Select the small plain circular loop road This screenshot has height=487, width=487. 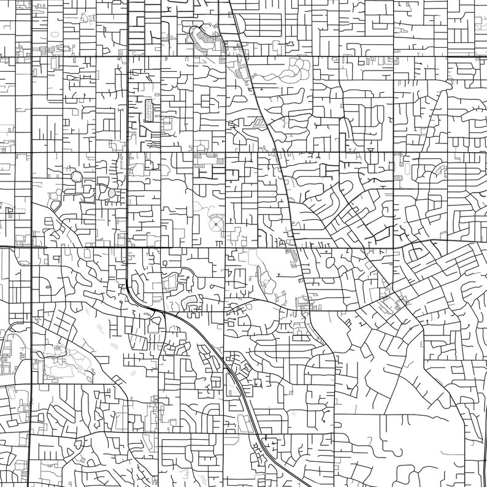pos(77,177)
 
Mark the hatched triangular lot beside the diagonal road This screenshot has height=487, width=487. pos(261,123)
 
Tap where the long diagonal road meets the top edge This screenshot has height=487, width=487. pos(229,1)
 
